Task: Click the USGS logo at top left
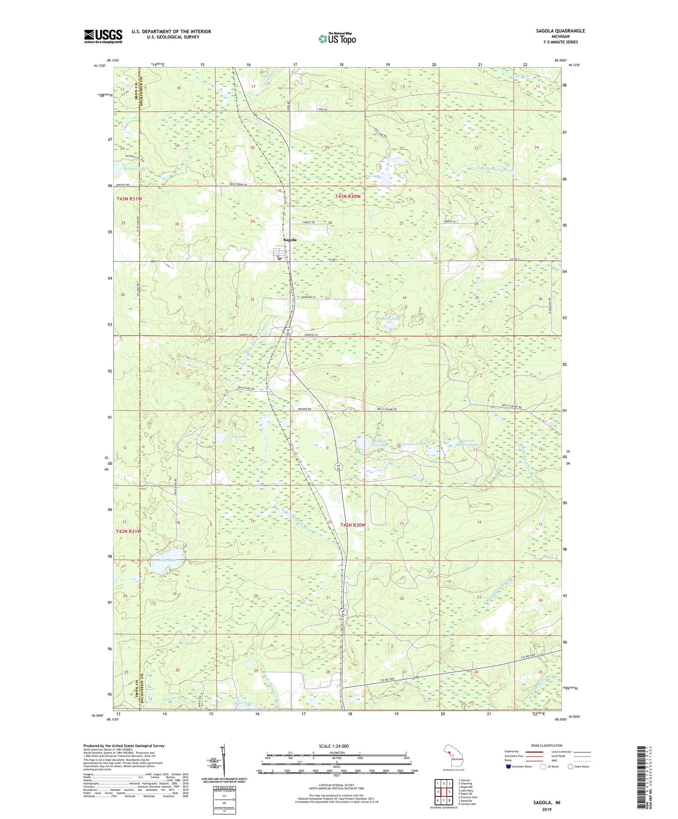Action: [103, 36]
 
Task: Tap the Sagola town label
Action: [289, 240]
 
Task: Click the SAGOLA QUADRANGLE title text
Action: [560, 31]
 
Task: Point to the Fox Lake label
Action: [373, 176]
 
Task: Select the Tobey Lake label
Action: [236, 436]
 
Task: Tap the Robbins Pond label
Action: [388, 319]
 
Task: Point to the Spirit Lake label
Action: [243, 703]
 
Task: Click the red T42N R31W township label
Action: [129, 531]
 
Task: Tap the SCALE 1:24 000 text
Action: [334, 746]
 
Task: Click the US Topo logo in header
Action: [337, 38]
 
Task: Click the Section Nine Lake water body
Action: [362, 443]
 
